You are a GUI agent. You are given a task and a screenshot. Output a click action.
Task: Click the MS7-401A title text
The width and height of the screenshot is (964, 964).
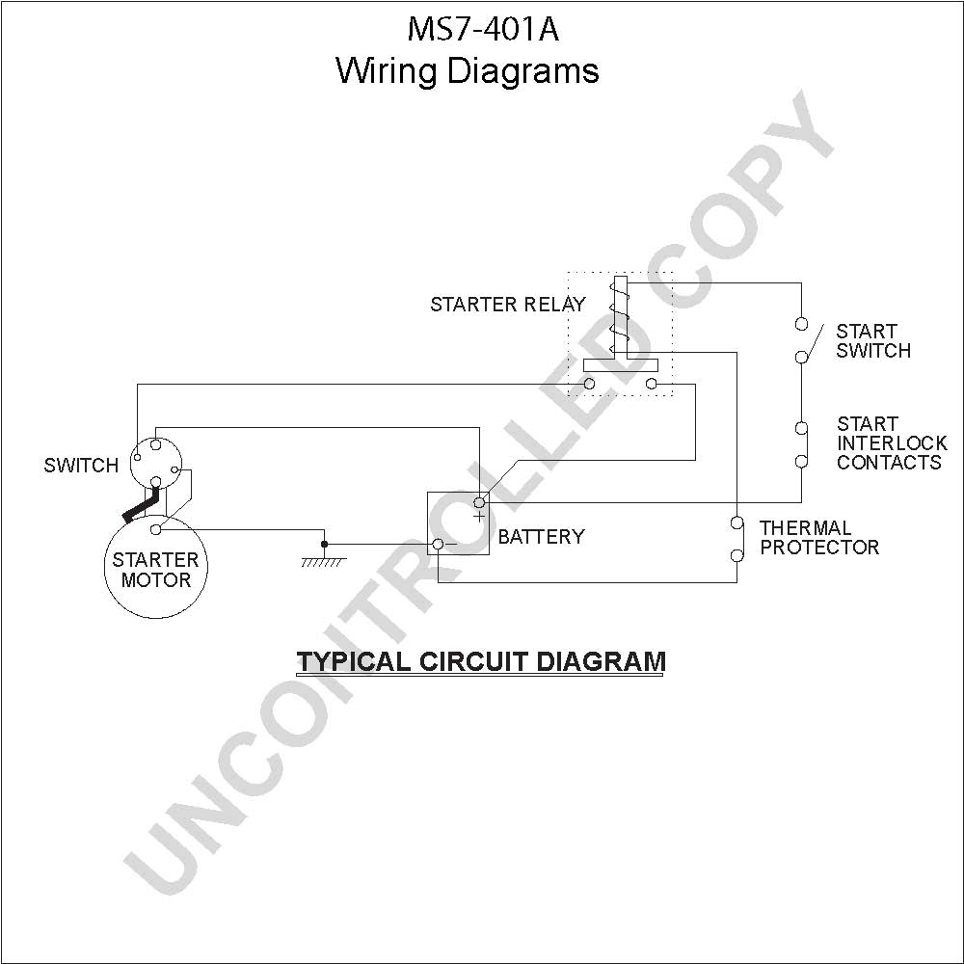pyautogui.click(x=483, y=29)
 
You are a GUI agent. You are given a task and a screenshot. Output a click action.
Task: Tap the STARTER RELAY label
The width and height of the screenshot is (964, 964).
pyautogui.click(x=508, y=305)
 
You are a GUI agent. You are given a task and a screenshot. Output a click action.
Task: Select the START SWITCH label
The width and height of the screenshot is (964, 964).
pyautogui.click(x=873, y=341)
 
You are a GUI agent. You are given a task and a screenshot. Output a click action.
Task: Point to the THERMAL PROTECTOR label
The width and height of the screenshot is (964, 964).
pyautogui.click(x=819, y=537)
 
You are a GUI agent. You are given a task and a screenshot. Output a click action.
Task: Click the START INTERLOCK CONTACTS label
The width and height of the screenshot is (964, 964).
pyautogui.click(x=892, y=443)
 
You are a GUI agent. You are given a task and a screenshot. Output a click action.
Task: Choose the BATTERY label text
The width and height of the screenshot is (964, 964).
pyautogui.click(x=541, y=537)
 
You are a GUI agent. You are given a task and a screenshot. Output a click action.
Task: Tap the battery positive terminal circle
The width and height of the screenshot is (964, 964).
pyautogui.click(x=479, y=502)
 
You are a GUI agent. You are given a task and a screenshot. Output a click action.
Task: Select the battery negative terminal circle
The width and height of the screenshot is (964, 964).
pyautogui.click(x=438, y=544)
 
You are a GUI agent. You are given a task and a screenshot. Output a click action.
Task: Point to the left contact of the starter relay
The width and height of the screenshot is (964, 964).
pyautogui.click(x=589, y=385)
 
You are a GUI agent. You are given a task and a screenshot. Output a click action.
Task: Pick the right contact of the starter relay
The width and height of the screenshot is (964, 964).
pyautogui.click(x=652, y=385)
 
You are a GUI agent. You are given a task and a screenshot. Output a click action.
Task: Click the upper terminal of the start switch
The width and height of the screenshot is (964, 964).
pyautogui.click(x=801, y=323)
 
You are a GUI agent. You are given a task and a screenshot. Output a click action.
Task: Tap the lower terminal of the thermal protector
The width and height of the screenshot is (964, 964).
pyautogui.click(x=736, y=556)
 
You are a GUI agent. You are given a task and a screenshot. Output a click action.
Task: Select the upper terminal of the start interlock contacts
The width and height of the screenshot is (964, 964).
pyautogui.click(x=801, y=428)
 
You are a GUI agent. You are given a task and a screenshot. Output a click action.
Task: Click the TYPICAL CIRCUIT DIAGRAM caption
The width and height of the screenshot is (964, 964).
pyautogui.click(x=481, y=661)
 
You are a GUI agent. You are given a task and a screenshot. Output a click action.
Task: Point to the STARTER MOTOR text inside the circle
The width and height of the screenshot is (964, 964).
pyautogui.click(x=155, y=570)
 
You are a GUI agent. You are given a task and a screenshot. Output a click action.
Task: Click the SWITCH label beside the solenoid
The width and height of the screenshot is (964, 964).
pyautogui.click(x=81, y=466)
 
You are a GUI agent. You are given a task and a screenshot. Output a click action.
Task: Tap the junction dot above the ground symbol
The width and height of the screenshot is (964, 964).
pyautogui.click(x=325, y=544)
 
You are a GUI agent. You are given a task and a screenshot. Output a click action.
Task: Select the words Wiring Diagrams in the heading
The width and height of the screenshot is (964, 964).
pyautogui.click(x=468, y=71)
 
